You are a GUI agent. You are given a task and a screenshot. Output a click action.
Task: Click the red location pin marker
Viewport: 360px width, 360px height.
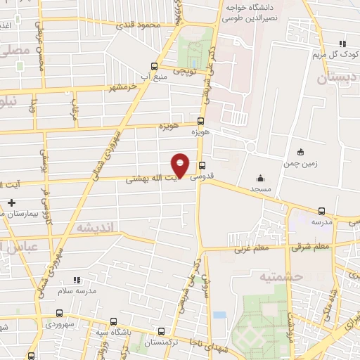pos(181,166)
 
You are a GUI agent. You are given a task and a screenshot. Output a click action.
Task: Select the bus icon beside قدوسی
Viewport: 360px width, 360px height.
pos(202,167)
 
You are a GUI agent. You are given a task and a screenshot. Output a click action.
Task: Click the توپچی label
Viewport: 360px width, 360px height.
pos(184,71)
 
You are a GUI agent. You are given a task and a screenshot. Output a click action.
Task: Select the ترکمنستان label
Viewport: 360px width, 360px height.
pos(163,342)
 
